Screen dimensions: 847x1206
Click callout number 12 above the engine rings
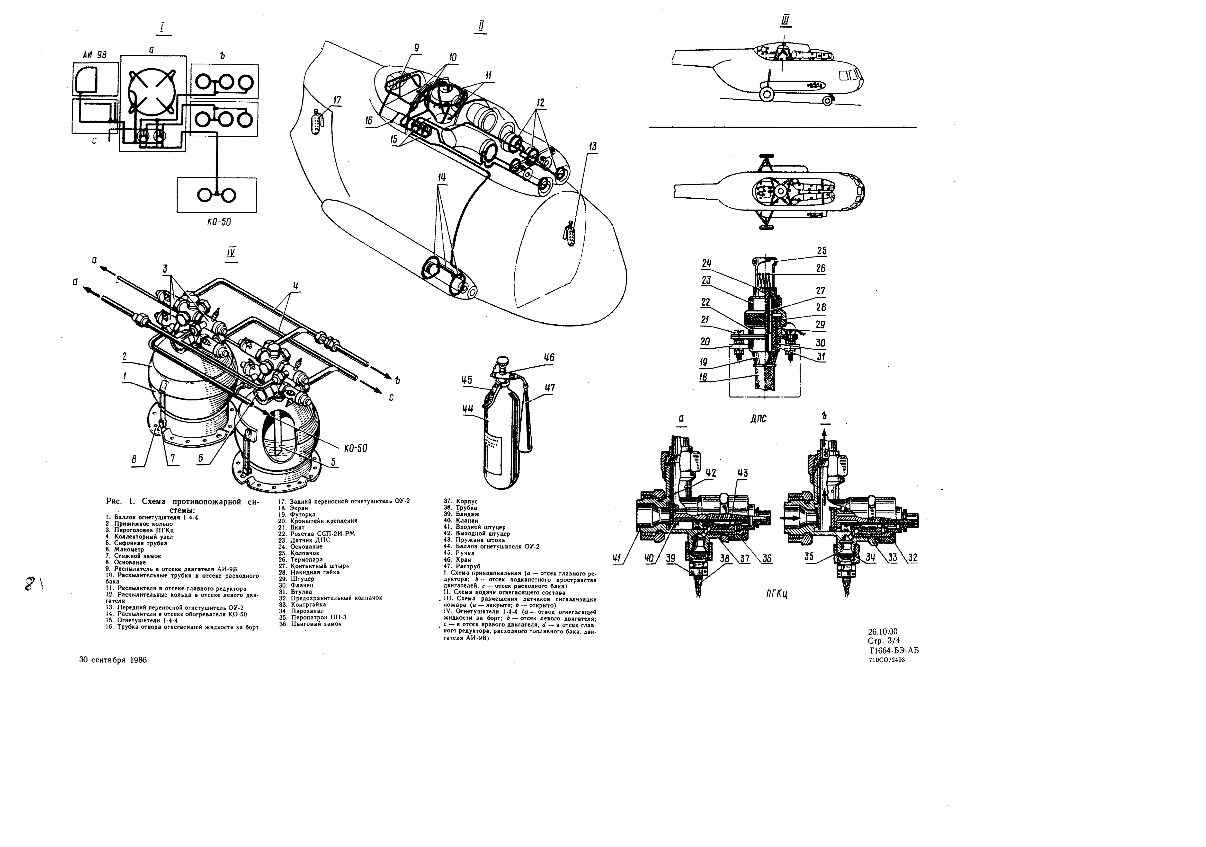pos(540,103)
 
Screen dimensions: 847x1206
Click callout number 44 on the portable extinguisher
pos(467,409)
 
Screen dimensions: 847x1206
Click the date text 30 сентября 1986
pos(113,660)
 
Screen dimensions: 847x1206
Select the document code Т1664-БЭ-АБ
pos(893,651)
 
